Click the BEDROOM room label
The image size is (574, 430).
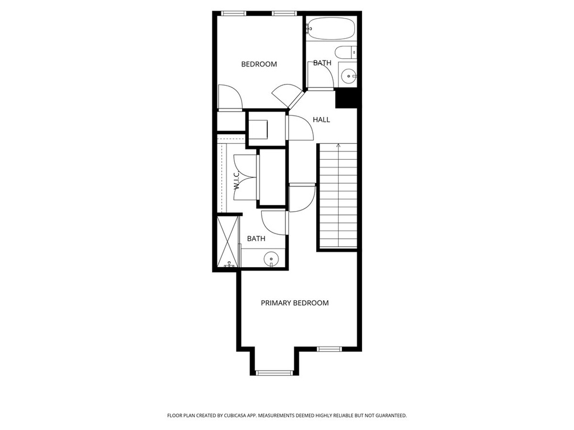pos(259,64)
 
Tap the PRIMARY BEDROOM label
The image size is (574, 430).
pos(295,303)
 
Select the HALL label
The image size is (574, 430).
pos(321,119)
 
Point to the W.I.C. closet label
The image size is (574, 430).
pos(237,181)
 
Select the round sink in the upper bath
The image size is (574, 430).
pos(349,75)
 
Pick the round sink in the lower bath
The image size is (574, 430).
pos(272,259)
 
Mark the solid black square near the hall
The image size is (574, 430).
pos(346,99)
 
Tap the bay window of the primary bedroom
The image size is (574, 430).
pos(274,372)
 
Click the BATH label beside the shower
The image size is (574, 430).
pos(256,239)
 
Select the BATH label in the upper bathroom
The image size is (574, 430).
pos(322,63)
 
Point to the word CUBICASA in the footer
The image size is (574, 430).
pos(241,415)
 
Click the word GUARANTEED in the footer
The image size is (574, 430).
pos(388,415)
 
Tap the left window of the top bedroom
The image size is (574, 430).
pos(233,13)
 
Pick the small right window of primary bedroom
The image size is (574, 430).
pos(329,349)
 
